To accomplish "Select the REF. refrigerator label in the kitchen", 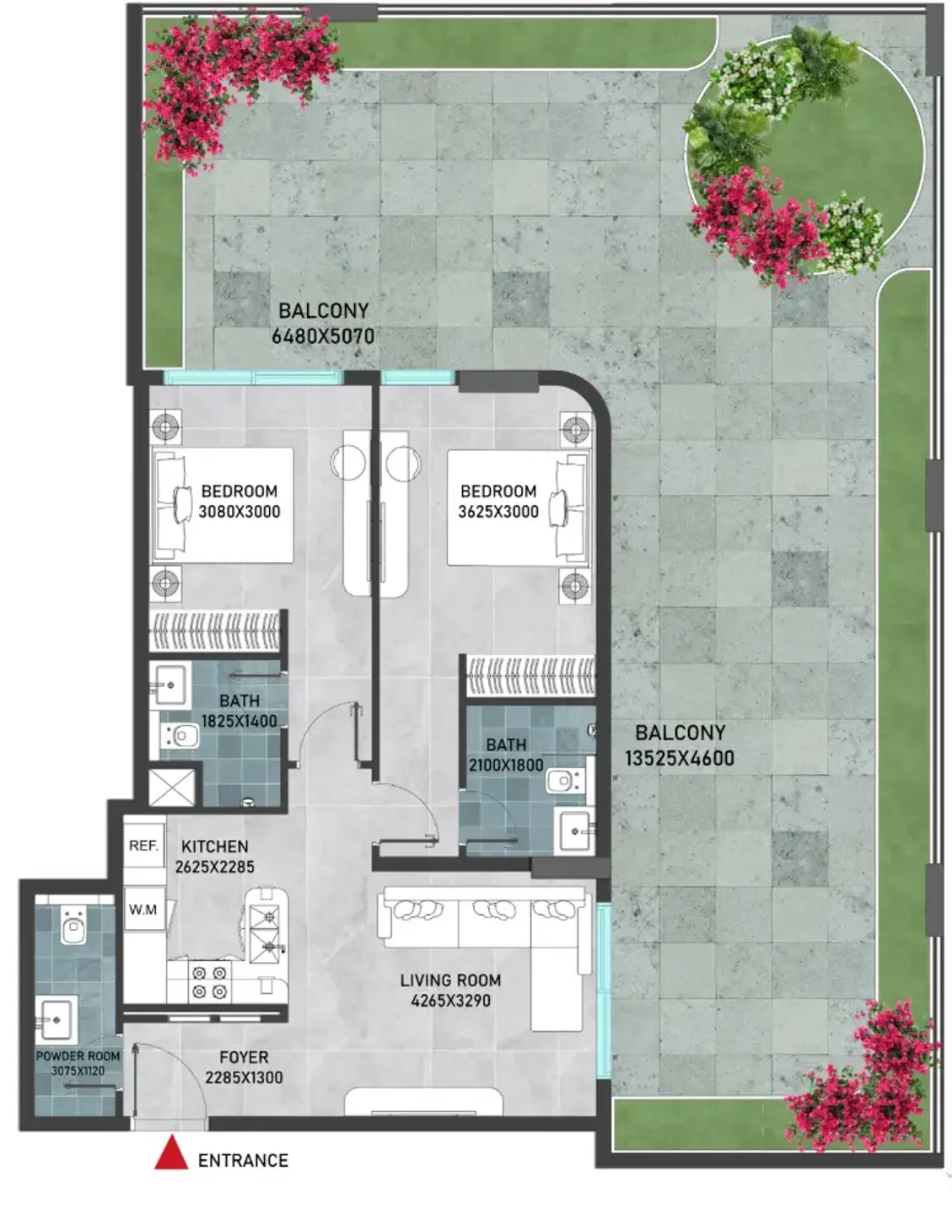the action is (143, 846).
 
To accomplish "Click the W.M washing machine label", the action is (143, 910).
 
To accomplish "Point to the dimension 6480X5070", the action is (323, 336).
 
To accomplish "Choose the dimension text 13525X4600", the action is (680, 759).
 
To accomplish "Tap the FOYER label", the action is (245, 1057).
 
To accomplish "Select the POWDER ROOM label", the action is (78, 1056).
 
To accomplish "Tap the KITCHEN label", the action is (214, 846).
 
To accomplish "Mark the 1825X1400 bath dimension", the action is (239, 722).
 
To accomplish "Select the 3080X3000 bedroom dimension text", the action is (239, 512).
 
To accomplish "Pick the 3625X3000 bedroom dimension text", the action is (498, 512).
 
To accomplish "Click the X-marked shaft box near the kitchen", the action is (172, 787).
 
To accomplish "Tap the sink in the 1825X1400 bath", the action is (169, 685).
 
